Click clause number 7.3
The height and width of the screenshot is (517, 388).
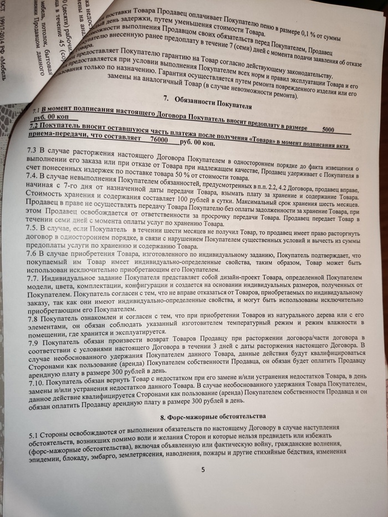pos(32,151)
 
